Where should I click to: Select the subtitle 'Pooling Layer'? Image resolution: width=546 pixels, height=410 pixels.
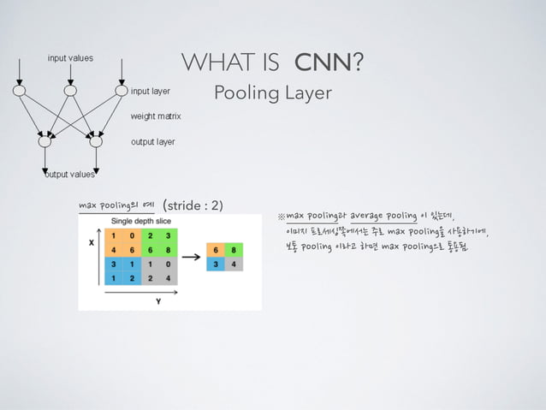coord(272,92)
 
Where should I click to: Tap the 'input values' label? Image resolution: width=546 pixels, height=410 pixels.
coord(70,58)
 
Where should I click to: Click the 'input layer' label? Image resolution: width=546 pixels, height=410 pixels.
coord(150,89)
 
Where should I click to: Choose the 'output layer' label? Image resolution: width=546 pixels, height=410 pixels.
coord(152,141)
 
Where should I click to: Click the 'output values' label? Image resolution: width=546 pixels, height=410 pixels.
coord(70,175)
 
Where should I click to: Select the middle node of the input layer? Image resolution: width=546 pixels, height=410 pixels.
coord(70,89)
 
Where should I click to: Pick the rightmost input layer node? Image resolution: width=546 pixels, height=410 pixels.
coord(121,89)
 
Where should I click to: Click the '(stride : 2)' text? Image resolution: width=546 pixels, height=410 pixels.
coord(193,205)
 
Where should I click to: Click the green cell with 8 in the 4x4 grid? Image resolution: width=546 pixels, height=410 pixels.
coord(169,250)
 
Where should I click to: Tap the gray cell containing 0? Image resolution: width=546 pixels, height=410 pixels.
coord(169,264)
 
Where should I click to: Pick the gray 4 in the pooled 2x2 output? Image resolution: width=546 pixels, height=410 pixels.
coord(233,264)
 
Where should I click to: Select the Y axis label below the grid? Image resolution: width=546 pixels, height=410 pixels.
coord(158,300)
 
